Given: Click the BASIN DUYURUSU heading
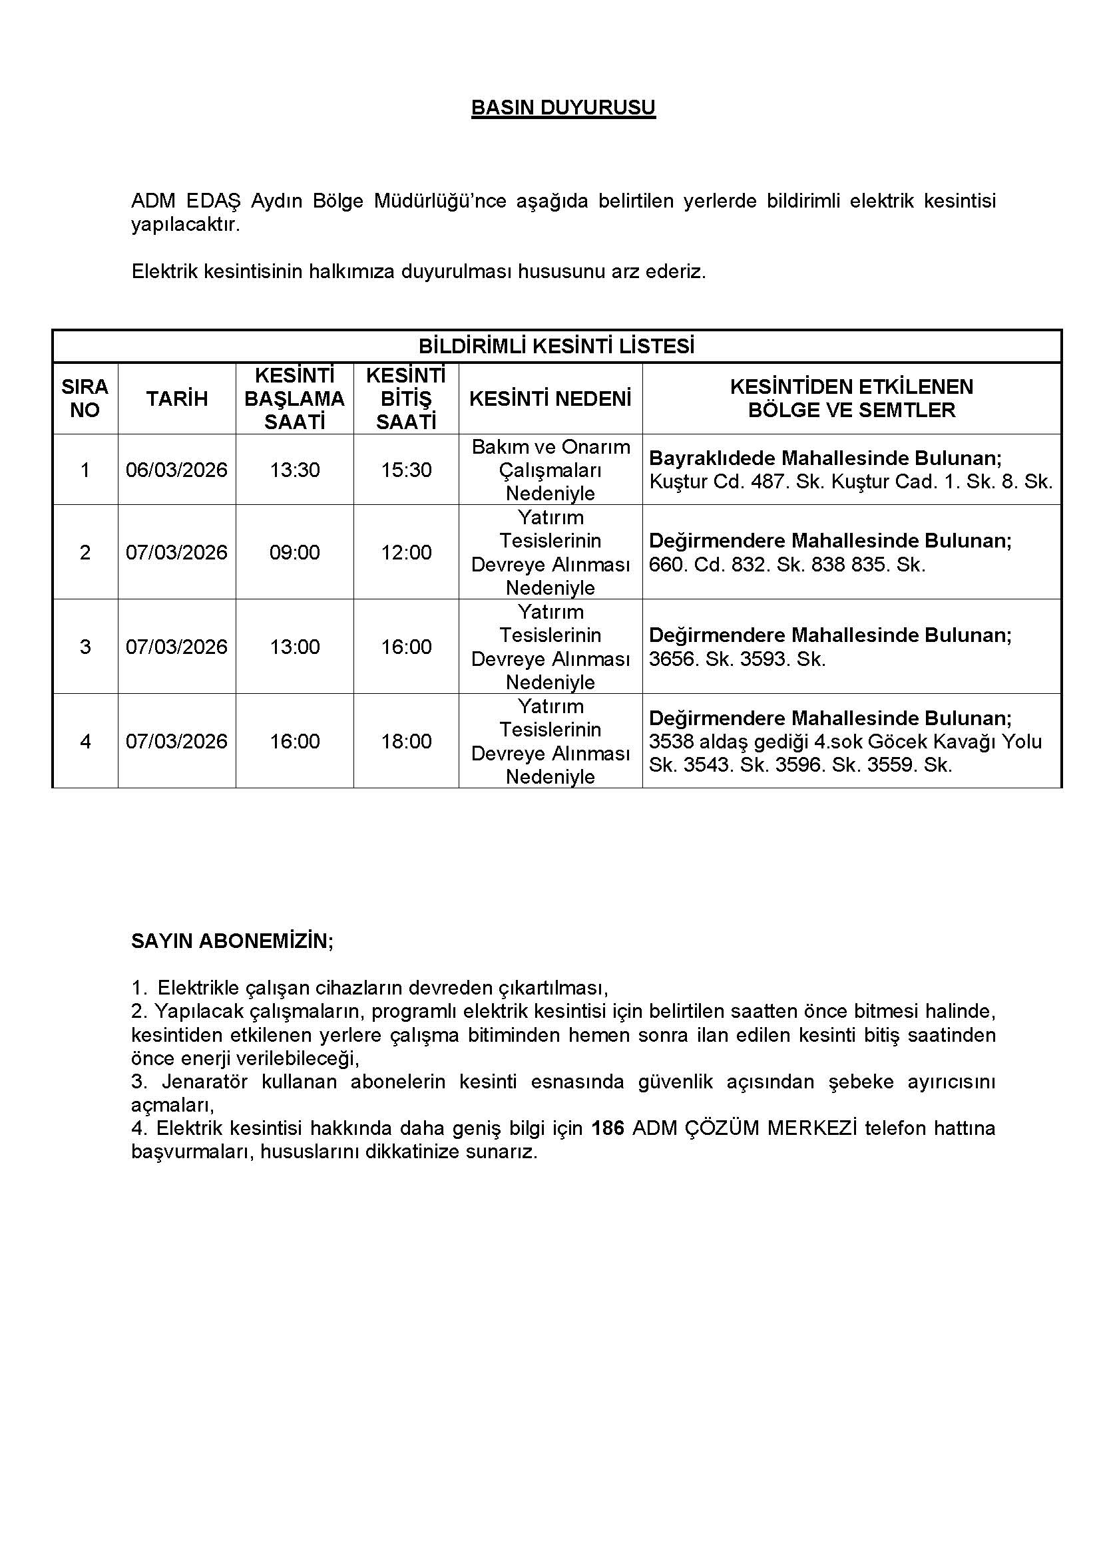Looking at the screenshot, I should point(562,108).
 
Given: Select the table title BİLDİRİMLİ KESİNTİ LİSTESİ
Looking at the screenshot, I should point(556,347).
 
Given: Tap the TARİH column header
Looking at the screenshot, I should point(176,398).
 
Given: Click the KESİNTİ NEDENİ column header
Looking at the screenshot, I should point(550,398).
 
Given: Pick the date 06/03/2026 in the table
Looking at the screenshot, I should point(176,470).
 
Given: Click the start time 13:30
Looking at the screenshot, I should point(294,470).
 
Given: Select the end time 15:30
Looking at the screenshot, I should point(406,470).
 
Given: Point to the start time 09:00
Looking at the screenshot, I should point(294,552).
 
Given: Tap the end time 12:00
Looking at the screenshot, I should point(406,552).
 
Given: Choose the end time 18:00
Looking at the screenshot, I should point(406,740).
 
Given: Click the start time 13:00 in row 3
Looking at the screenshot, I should point(294,647).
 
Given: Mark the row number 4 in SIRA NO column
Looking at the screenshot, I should point(85,740).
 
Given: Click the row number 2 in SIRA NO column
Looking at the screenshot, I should point(85,552).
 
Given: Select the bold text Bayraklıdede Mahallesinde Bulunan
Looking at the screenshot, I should point(825,458).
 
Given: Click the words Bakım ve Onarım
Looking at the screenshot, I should point(550,447).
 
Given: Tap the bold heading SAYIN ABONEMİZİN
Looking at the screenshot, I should point(232,941).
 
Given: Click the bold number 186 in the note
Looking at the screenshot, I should point(608,1128).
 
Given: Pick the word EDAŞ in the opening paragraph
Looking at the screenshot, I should point(212,202).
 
